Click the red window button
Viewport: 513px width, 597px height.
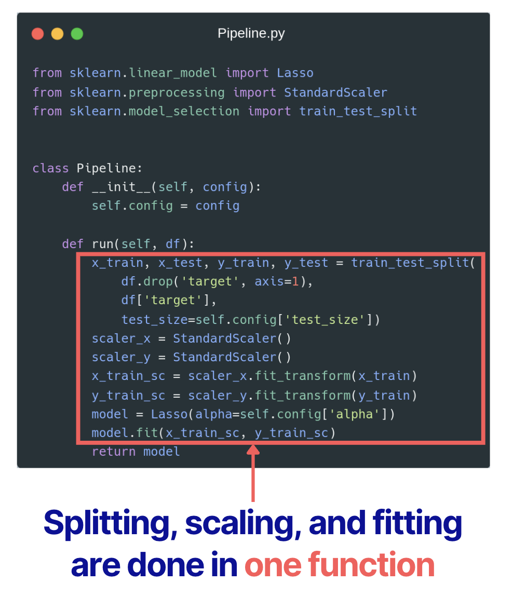pyautogui.click(x=38, y=34)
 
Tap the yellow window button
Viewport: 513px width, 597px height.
pyautogui.click(x=57, y=34)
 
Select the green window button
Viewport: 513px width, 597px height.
pyautogui.click(x=77, y=34)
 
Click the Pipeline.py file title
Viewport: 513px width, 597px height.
pyautogui.click(x=251, y=34)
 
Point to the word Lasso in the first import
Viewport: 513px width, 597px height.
pyautogui.click(x=295, y=73)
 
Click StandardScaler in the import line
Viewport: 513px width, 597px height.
pyautogui.click(x=335, y=93)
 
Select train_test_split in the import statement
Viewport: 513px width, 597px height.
pyautogui.click(x=358, y=112)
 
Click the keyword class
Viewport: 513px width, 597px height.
pyautogui.click(x=50, y=168)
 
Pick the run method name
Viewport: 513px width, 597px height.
pyautogui.click(x=103, y=244)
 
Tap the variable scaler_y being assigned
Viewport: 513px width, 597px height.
pyautogui.click(x=121, y=358)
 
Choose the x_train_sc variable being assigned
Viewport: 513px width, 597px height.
pyautogui.click(x=128, y=376)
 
